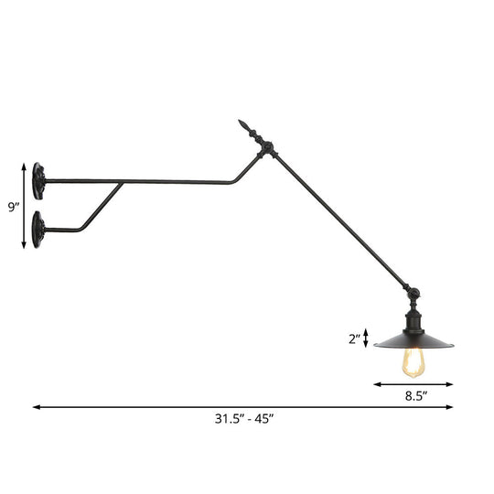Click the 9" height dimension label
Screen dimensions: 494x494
coord(13,208)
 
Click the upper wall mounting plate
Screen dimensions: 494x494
coord(38,179)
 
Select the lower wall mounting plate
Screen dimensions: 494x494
coord(38,225)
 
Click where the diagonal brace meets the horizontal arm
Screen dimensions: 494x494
coord(123,183)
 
